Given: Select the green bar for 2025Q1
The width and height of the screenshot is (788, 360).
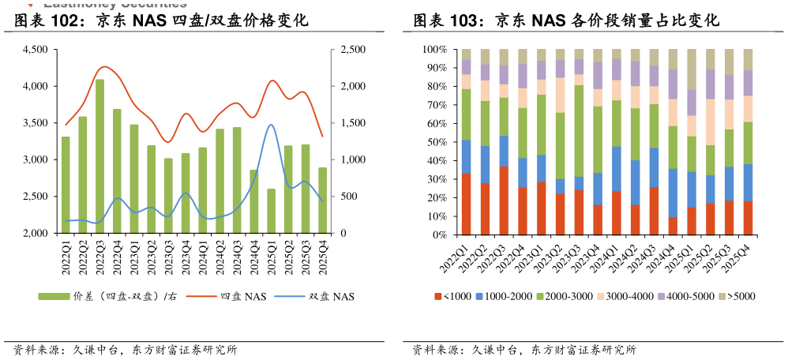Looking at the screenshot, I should [x=272, y=211].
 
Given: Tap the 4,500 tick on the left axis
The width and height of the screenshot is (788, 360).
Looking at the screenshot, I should [x=36, y=50].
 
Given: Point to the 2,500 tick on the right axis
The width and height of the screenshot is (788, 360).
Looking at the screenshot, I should [x=353, y=50].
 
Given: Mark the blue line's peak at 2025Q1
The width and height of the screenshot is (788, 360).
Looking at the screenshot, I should [x=272, y=125].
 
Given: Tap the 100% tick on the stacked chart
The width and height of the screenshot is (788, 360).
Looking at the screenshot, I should [x=436, y=50].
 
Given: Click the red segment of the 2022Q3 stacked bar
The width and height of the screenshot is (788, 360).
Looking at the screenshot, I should [x=504, y=201].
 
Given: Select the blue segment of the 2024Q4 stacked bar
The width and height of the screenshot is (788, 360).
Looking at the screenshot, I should [x=673, y=193].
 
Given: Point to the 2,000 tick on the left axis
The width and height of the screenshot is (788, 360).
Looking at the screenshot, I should [x=36, y=234].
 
